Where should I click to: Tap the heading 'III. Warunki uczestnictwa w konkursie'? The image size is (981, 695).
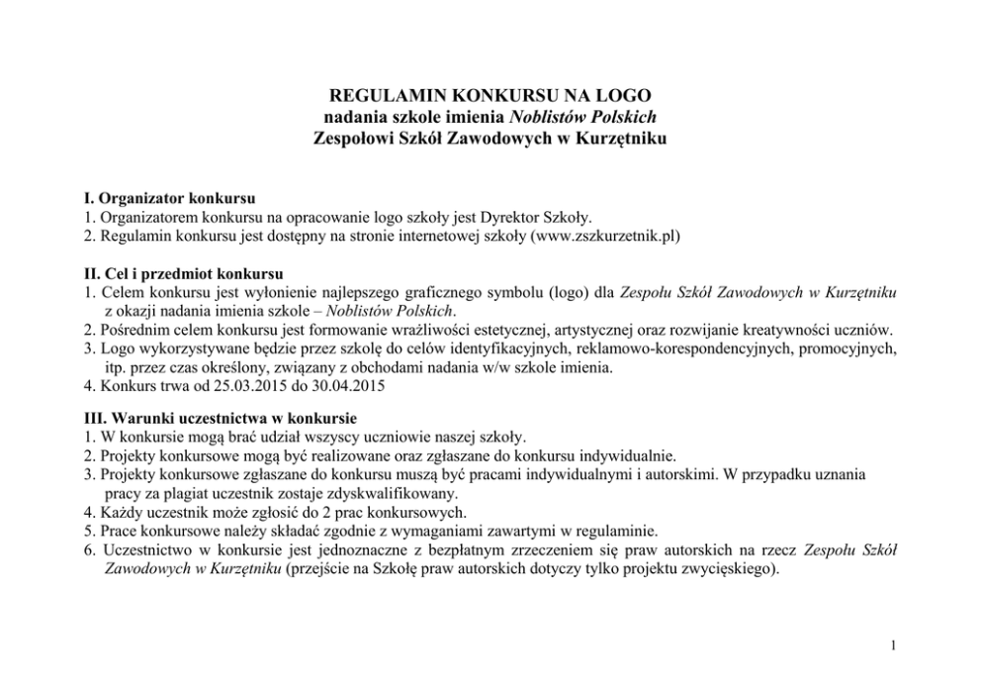(x=222, y=418)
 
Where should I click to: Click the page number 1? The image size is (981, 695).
(x=893, y=647)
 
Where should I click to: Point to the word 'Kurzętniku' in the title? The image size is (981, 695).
(x=625, y=139)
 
